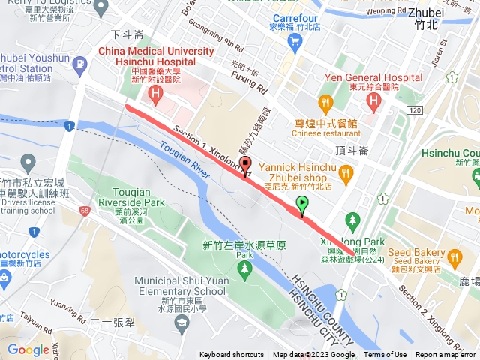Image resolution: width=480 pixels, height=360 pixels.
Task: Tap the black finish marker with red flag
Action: [x=246, y=166]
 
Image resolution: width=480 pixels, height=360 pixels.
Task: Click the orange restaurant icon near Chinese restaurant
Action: [x=325, y=102]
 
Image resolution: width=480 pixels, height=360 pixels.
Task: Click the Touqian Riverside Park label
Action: [x=133, y=197]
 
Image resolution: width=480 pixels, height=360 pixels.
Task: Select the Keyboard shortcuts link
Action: [x=232, y=355]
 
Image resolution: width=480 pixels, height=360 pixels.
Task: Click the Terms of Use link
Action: [x=385, y=355]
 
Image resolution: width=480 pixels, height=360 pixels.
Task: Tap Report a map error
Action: [x=446, y=355]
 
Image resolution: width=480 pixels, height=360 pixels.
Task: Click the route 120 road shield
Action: [x=415, y=109]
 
